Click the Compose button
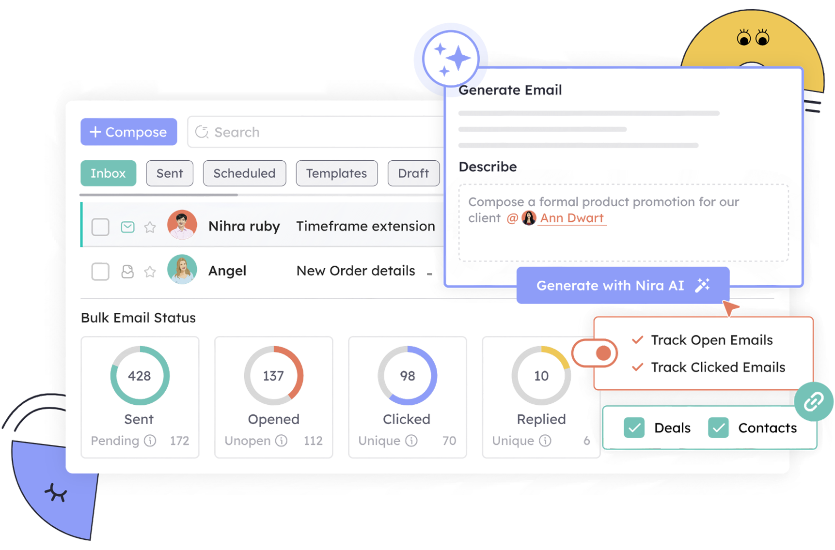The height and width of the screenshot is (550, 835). (x=129, y=132)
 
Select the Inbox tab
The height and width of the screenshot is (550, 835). (x=108, y=173)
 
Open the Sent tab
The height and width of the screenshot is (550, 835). (x=170, y=173)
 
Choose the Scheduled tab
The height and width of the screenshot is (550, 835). (x=244, y=173)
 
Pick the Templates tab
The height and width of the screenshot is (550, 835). (x=336, y=173)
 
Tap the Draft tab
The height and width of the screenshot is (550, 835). (x=413, y=173)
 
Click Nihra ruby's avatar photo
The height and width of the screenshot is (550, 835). (x=182, y=225)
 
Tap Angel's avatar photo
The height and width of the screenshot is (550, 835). (x=182, y=270)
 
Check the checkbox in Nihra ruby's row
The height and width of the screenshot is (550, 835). (x=101, y=227)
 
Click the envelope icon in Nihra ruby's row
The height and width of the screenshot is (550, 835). (x=127, y=227)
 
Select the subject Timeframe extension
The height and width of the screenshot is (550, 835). (x=365, y=226)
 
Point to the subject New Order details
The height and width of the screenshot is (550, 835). (x=356, y=271)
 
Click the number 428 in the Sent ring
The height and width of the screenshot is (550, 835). (x=139, y=376)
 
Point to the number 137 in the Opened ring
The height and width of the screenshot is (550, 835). (x=273, y=376)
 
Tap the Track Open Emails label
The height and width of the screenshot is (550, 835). (x=711, y=340)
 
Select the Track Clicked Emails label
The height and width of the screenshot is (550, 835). (x=718, y=367)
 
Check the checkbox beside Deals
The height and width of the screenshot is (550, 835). (x=634, y=428)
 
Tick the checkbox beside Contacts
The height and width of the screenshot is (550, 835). (x=718, y=428)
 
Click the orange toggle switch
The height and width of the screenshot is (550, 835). (x=595, y=353)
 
